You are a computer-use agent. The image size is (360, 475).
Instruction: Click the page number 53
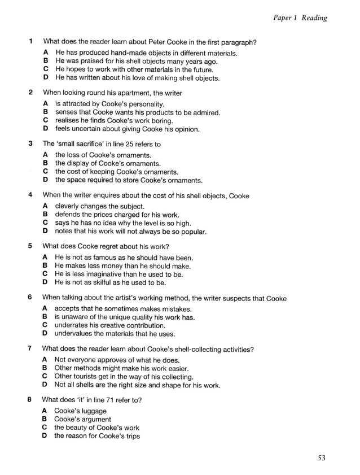click(x=321, y=458)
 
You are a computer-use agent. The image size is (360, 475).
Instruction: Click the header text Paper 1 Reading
click(x=300, y=18)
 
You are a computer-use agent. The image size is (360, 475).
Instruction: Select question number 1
click(x=30, y=41)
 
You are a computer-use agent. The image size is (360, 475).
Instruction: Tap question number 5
click(x=30, y=246)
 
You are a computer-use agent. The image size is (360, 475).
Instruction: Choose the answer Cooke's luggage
click(x=80, y=411)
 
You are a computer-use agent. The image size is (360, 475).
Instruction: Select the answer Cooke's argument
click(x=82, y=419)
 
